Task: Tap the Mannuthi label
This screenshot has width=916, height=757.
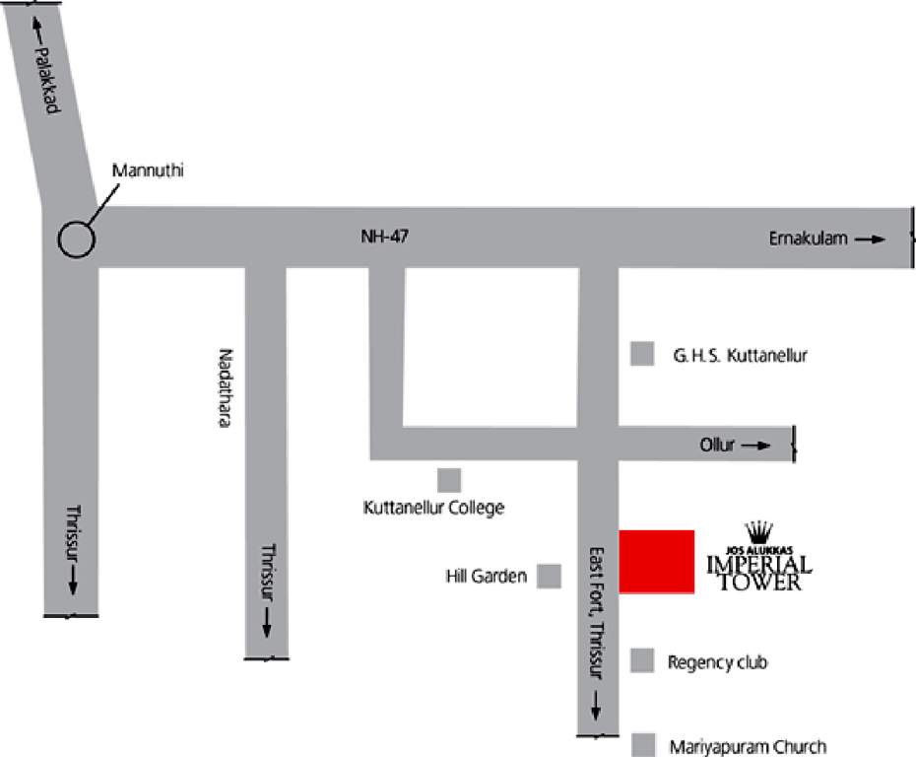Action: (148, 171)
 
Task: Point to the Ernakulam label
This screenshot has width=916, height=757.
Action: (809, 239)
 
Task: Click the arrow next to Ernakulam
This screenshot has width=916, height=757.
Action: (871, 239)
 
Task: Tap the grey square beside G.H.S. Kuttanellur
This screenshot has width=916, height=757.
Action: (642, 354)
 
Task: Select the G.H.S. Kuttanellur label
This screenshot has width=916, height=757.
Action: (741, 356)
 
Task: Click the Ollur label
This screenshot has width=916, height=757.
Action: (718, 446)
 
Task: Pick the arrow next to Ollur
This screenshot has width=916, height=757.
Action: (756, 446)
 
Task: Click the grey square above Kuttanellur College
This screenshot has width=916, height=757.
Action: (449, 480)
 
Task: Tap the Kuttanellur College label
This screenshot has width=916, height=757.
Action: (433, 509)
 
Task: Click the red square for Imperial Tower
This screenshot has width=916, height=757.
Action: (657, 562)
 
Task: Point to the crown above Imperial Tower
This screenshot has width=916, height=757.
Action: (759, 532)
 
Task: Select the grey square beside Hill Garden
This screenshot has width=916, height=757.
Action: (550, 576)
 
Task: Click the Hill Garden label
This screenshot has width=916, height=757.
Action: (487, 577)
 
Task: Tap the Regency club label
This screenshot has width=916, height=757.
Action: (717, 662)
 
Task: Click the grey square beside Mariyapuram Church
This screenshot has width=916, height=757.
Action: (643, 745)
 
